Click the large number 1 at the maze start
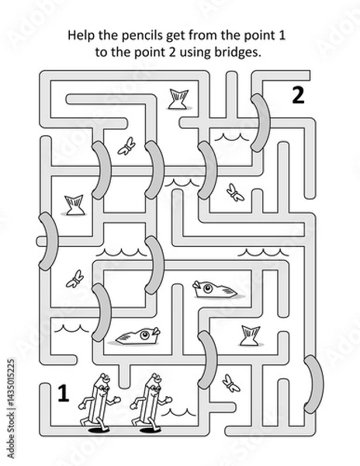coord(63,393)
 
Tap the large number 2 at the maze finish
coord(298,96)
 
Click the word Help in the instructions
coord(81,36)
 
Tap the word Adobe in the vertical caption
coord(10,447)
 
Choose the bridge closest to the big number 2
coord(260,123)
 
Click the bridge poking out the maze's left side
coord(48,242)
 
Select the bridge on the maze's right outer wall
coord(313,384)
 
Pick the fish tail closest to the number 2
coord(179,99)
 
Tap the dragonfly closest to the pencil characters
coord(231,383)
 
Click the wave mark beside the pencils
coord(178,412)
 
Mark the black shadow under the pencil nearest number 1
coord(99,430)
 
